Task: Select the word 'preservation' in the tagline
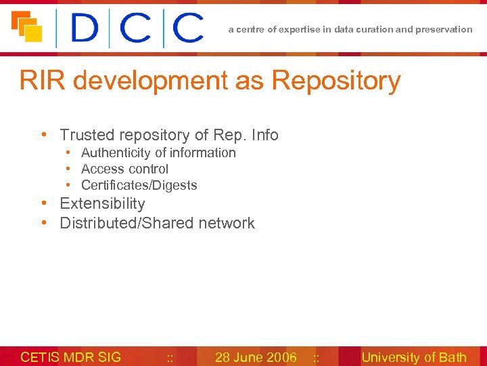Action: click(x=446, y=29)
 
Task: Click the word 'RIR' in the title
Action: click(x=42, y=81)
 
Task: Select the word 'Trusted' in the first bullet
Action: click(x=85, y=135)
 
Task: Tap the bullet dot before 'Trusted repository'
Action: click(x=44, y=135)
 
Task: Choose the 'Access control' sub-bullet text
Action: click(x=124, y=169)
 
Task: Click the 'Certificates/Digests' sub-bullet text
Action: click(x=139, y=185)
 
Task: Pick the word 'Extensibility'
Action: click(x=102, y=203)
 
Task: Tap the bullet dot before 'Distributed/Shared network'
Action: click(x=44, y=223)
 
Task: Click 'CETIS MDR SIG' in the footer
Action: click(x=71, y=357)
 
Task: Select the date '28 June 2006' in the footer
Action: click(x=256, y=357)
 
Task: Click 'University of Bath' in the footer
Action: click(x=414, y=357)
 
